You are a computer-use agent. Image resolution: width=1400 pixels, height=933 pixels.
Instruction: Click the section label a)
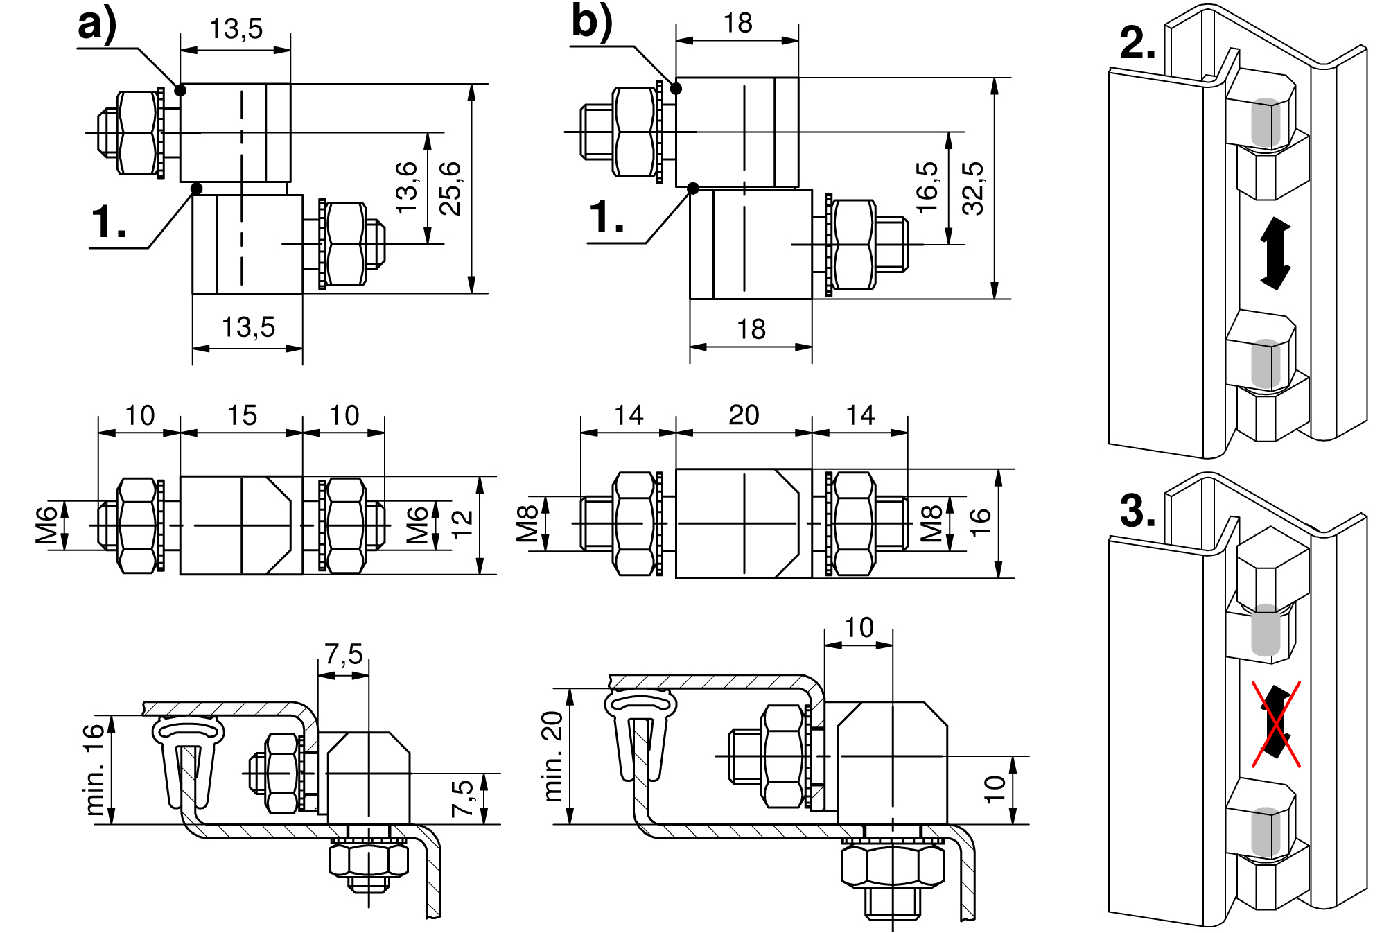[x=97, y=25]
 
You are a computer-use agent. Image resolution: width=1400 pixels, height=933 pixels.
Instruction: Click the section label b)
[x=591, y=21]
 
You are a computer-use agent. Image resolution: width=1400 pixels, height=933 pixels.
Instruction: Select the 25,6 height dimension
[x=451, y=188]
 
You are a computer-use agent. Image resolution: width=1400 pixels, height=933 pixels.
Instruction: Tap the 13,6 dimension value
[x=407, y=188]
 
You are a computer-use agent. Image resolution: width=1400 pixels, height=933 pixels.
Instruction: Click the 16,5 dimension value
[x=927, y=188]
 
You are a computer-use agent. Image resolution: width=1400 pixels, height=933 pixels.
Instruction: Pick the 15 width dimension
[x=242, y=416]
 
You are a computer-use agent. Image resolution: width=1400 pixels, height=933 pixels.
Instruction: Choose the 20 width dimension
[x=744, y=415]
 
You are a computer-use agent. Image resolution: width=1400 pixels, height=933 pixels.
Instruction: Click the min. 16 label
[x=94, y=769]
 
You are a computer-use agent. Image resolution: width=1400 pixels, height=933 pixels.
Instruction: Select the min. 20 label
[x=553, y=756]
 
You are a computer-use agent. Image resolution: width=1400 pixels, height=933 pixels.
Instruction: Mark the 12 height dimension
[x=462, y=525]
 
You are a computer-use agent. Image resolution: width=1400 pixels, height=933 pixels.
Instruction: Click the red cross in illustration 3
[x=1275, y=724]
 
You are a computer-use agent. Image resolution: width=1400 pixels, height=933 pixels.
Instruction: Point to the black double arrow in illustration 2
[x=1275, y=253]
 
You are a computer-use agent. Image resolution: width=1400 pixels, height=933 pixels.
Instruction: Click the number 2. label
[x=1137, y=43]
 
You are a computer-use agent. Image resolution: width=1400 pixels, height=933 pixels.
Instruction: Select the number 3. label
[x=1137, y=512]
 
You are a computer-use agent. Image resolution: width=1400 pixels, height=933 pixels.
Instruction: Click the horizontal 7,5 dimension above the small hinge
[x=344, y=654]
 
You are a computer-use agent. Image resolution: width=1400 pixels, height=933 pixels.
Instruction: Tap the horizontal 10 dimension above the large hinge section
[x=859, y=628]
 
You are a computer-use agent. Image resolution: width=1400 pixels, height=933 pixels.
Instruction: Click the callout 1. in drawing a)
[x=109, y=223]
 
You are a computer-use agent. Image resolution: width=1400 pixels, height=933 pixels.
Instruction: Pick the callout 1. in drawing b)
[x=606, y=218]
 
